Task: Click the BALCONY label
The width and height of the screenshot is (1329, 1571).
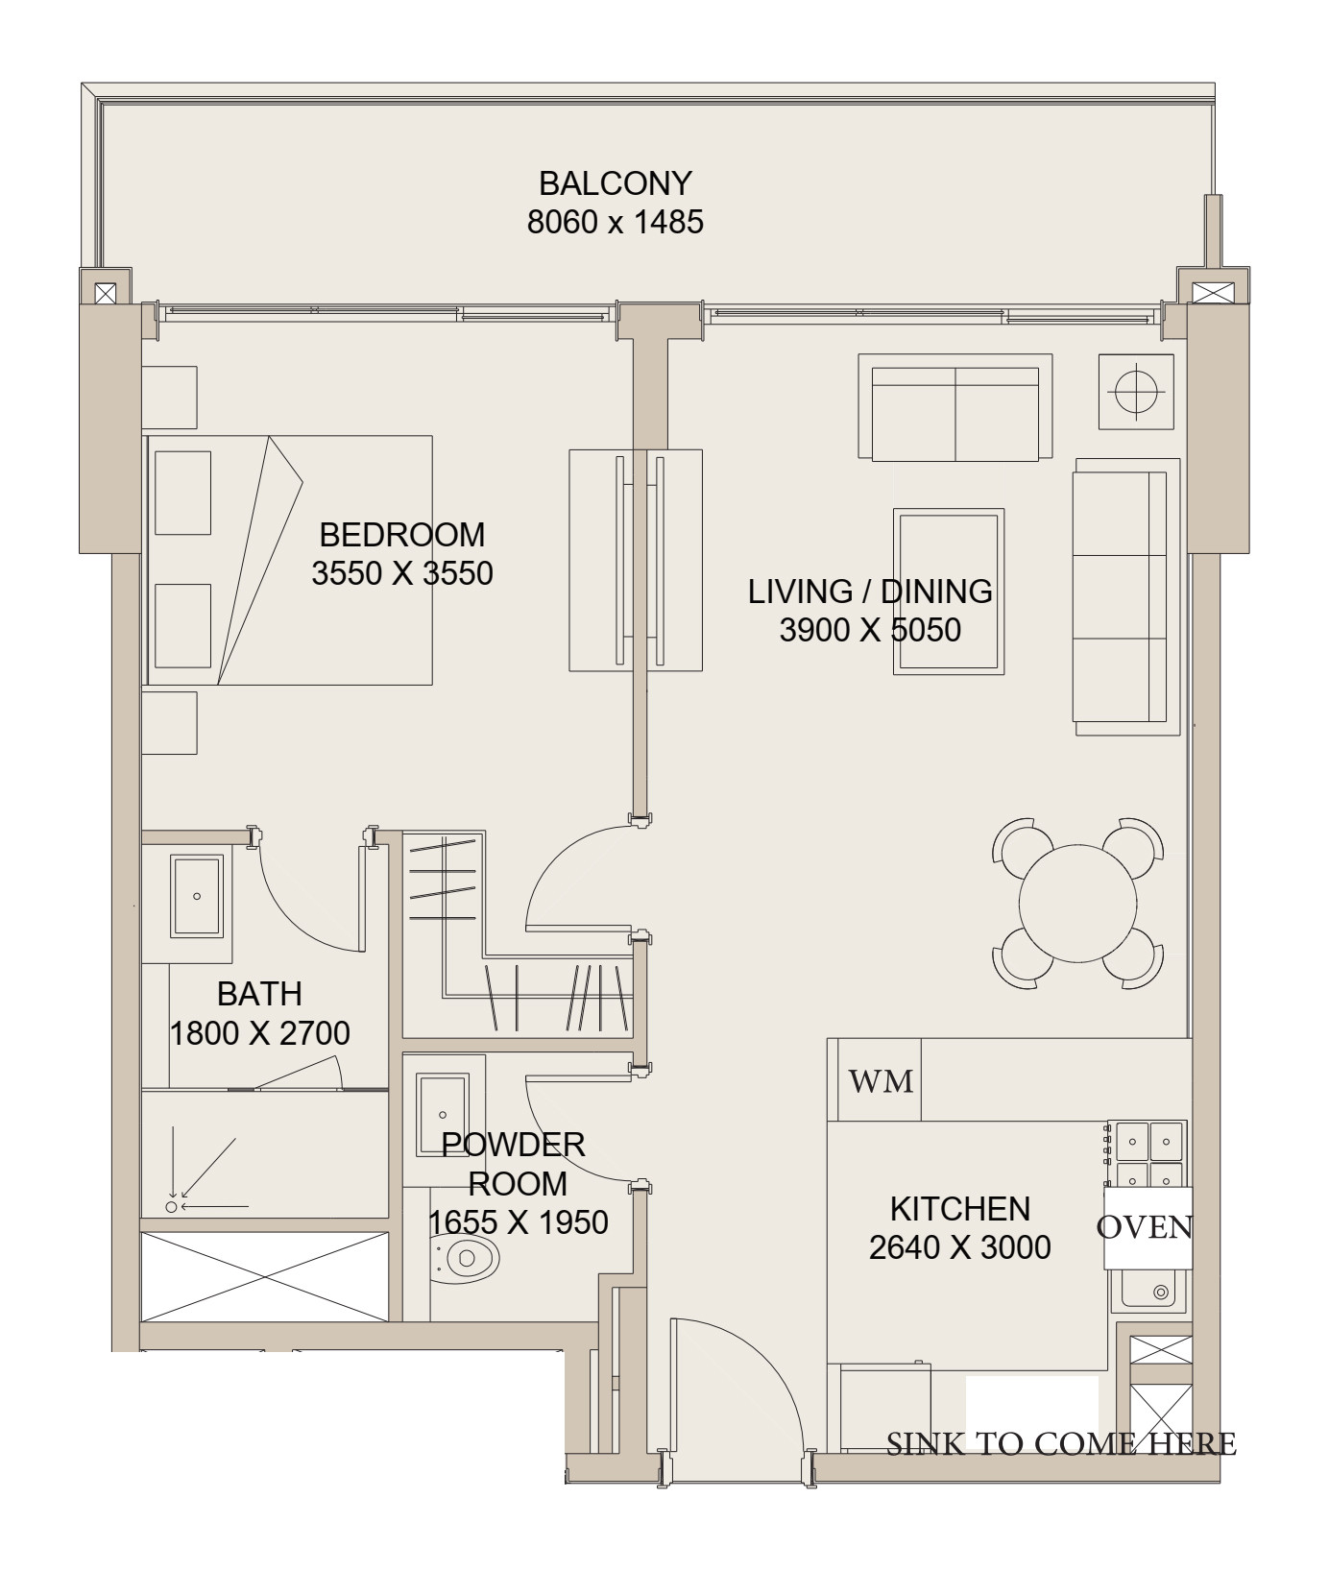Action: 616,182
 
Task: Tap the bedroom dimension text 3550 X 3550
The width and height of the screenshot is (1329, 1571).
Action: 402,573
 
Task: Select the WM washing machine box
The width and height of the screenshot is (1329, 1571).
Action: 881,1080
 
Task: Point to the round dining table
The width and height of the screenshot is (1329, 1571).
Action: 1078,902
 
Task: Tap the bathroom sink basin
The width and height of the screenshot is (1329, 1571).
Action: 197,896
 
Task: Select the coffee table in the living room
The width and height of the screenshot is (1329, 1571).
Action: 949,592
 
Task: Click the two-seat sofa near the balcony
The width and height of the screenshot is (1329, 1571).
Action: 954,407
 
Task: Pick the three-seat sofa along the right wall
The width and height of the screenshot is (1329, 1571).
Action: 1126,596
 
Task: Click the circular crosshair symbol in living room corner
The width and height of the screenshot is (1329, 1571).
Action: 1137,392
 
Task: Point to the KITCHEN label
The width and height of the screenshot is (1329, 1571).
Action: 960,1208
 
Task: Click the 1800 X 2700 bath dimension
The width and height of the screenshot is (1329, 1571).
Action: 259,1033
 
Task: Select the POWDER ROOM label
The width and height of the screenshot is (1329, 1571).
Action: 515,1164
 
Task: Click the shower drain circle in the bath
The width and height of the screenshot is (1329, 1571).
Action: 172,1207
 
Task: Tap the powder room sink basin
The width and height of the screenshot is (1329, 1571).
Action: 442,1115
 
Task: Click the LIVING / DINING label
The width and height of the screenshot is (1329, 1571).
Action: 870,591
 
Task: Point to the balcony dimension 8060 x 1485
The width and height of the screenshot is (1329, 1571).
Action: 616,222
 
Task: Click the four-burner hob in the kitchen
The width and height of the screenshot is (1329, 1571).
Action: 1148,1154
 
